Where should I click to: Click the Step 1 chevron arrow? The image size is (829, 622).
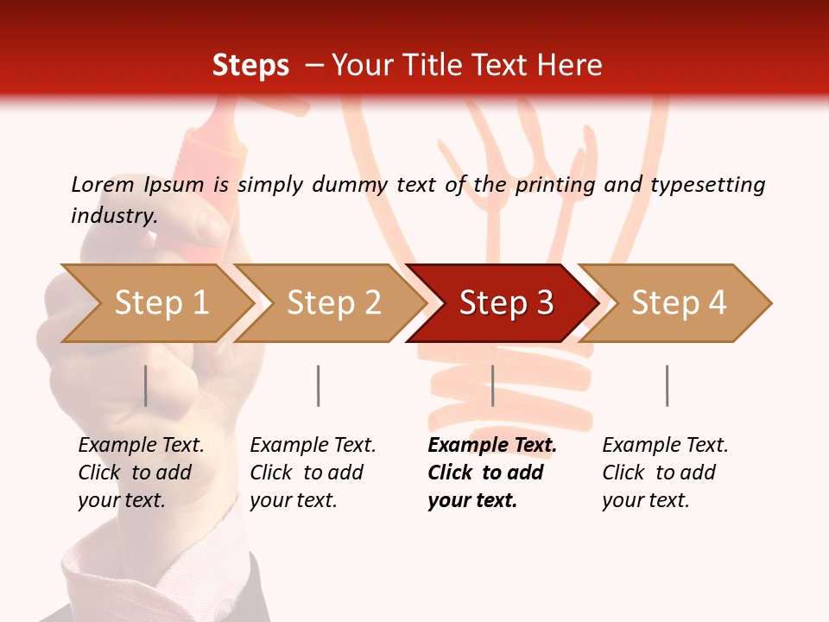(160, 303)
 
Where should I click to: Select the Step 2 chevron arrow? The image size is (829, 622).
(332, 303)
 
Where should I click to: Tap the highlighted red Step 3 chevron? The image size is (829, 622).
(505, 303)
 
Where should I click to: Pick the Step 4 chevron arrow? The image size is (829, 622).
(678, 303)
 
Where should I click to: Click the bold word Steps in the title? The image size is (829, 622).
(250, 66)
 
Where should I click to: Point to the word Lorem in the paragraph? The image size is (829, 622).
(103, 184)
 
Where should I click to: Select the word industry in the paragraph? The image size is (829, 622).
(113, 216)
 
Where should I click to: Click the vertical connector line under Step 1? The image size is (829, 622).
(146, 385)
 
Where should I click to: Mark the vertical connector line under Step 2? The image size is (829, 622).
(319, 385)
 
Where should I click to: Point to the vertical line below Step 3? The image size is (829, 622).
(492, 385)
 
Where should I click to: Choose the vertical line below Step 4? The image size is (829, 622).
(667, 385)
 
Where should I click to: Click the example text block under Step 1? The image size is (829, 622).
(141, 473)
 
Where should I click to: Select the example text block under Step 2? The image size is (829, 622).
(313, 473)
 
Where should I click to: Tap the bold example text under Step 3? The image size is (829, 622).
(492, 473)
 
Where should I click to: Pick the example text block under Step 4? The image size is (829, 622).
(665, 473)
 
